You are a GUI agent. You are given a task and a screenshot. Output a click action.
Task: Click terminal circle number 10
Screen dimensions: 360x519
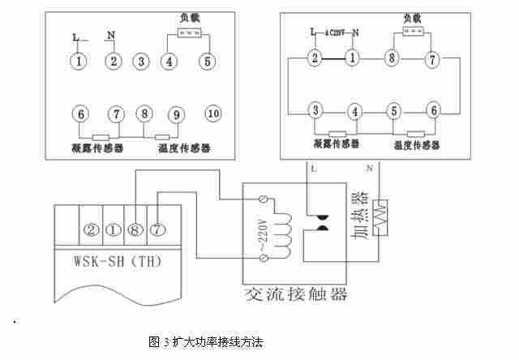pos(213,114)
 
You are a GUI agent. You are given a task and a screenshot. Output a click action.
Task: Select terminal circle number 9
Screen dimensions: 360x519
pos(176,114)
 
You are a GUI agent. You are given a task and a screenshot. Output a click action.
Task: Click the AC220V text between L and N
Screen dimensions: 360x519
pos(337,32)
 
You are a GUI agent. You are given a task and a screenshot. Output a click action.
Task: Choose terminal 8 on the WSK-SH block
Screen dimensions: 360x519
pos(135,229)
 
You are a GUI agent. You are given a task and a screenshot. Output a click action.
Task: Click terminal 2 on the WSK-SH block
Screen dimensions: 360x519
pos(91,229)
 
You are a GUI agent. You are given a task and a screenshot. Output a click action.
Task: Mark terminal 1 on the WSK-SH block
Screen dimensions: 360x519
pos(113,229)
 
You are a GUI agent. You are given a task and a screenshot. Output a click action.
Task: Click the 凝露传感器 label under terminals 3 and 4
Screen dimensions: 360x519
pos(336,145)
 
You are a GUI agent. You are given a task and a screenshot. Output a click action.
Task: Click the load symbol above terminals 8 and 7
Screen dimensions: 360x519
pos(414,32)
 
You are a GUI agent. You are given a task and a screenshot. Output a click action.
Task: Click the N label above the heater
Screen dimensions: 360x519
pos(370,169)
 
